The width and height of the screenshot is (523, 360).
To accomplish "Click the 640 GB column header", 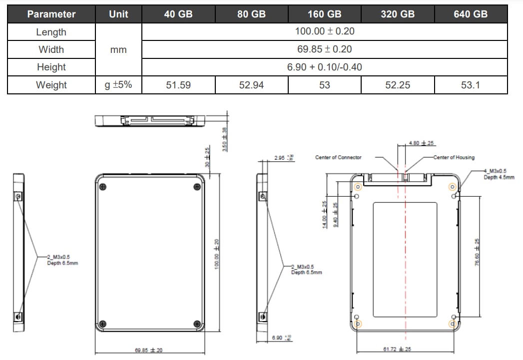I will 471,14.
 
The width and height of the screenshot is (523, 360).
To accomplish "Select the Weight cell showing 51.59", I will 178,85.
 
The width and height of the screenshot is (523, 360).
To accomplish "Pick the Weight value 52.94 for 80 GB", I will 251,85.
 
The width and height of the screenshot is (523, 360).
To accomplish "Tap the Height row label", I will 51,67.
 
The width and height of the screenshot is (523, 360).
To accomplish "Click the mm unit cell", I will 118,49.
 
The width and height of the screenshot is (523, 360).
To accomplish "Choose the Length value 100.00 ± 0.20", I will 325,31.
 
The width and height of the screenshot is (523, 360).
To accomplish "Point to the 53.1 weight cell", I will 471,85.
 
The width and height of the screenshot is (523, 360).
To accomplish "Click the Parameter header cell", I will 51,14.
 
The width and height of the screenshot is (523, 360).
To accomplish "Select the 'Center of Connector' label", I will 338,157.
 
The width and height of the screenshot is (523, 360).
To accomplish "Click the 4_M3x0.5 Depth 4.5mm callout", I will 498,174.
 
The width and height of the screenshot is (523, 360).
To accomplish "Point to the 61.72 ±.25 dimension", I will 397,349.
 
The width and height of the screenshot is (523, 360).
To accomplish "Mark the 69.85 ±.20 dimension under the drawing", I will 148,350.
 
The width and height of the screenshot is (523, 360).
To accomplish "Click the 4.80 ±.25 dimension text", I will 421,143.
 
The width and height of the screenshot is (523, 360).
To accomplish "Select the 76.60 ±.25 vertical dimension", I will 478,252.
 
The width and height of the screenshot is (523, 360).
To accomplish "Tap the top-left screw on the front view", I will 103,187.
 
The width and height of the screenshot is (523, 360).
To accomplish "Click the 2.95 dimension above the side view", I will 284,158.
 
